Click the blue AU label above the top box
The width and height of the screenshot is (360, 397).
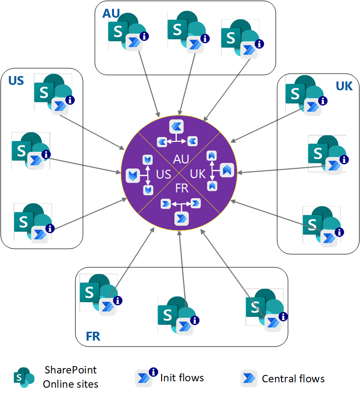pos(111,13)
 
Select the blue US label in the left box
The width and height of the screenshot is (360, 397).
pos(16,80)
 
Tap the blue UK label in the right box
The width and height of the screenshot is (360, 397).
pos(344,86)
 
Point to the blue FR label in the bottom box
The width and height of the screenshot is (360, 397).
pos(93,336)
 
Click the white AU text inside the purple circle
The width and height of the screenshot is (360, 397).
pos(182,159)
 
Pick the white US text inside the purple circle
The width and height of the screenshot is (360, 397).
pos(164,174)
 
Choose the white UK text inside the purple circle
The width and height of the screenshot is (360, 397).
pos(198,174)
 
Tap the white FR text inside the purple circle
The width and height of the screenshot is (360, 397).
pos(182,189)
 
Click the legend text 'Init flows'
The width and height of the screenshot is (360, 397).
pos(182,377)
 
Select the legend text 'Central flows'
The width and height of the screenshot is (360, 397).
pos(293,378)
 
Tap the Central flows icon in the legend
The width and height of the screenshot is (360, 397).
pos(249,378)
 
